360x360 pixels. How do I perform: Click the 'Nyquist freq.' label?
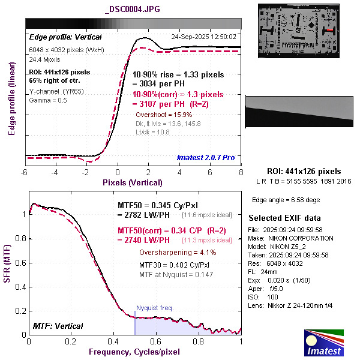pyautogui.click(x=155, y=308)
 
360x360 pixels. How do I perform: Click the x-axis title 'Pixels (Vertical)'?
pyautogui.click(x=133, y=182)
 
